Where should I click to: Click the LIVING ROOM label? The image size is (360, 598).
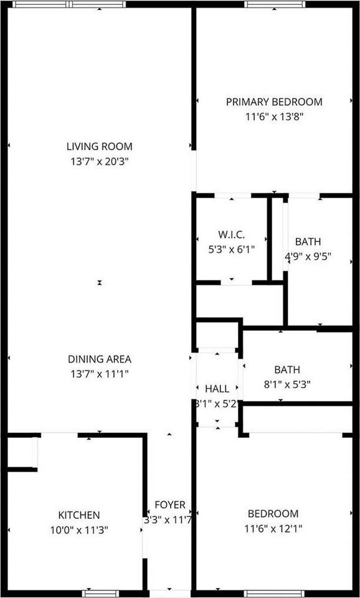coord(100,147)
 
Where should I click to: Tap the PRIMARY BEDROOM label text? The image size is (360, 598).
coord(274,102)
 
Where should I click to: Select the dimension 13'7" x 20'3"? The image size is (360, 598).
coord(100,161)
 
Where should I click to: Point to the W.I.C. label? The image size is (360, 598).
coord(231,235)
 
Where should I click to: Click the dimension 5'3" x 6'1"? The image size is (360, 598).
coord(231,249)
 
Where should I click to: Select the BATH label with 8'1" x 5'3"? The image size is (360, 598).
coord(279,370)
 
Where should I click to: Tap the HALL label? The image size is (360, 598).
coord(216,389)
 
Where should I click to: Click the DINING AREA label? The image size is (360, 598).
coord(100,359)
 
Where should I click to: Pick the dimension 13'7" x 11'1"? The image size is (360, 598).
coord(100,374)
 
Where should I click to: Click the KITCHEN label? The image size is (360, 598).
coord(79,515)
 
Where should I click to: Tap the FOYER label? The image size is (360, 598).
coord(169,505)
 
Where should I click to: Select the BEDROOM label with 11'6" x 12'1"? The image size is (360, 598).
coord(273,514)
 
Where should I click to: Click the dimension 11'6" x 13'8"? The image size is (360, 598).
coord(274,116)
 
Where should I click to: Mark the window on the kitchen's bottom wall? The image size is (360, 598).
coord(100,593)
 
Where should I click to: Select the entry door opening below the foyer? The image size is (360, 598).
coord(170,593)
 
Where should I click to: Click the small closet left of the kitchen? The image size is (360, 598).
coord(20,452)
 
